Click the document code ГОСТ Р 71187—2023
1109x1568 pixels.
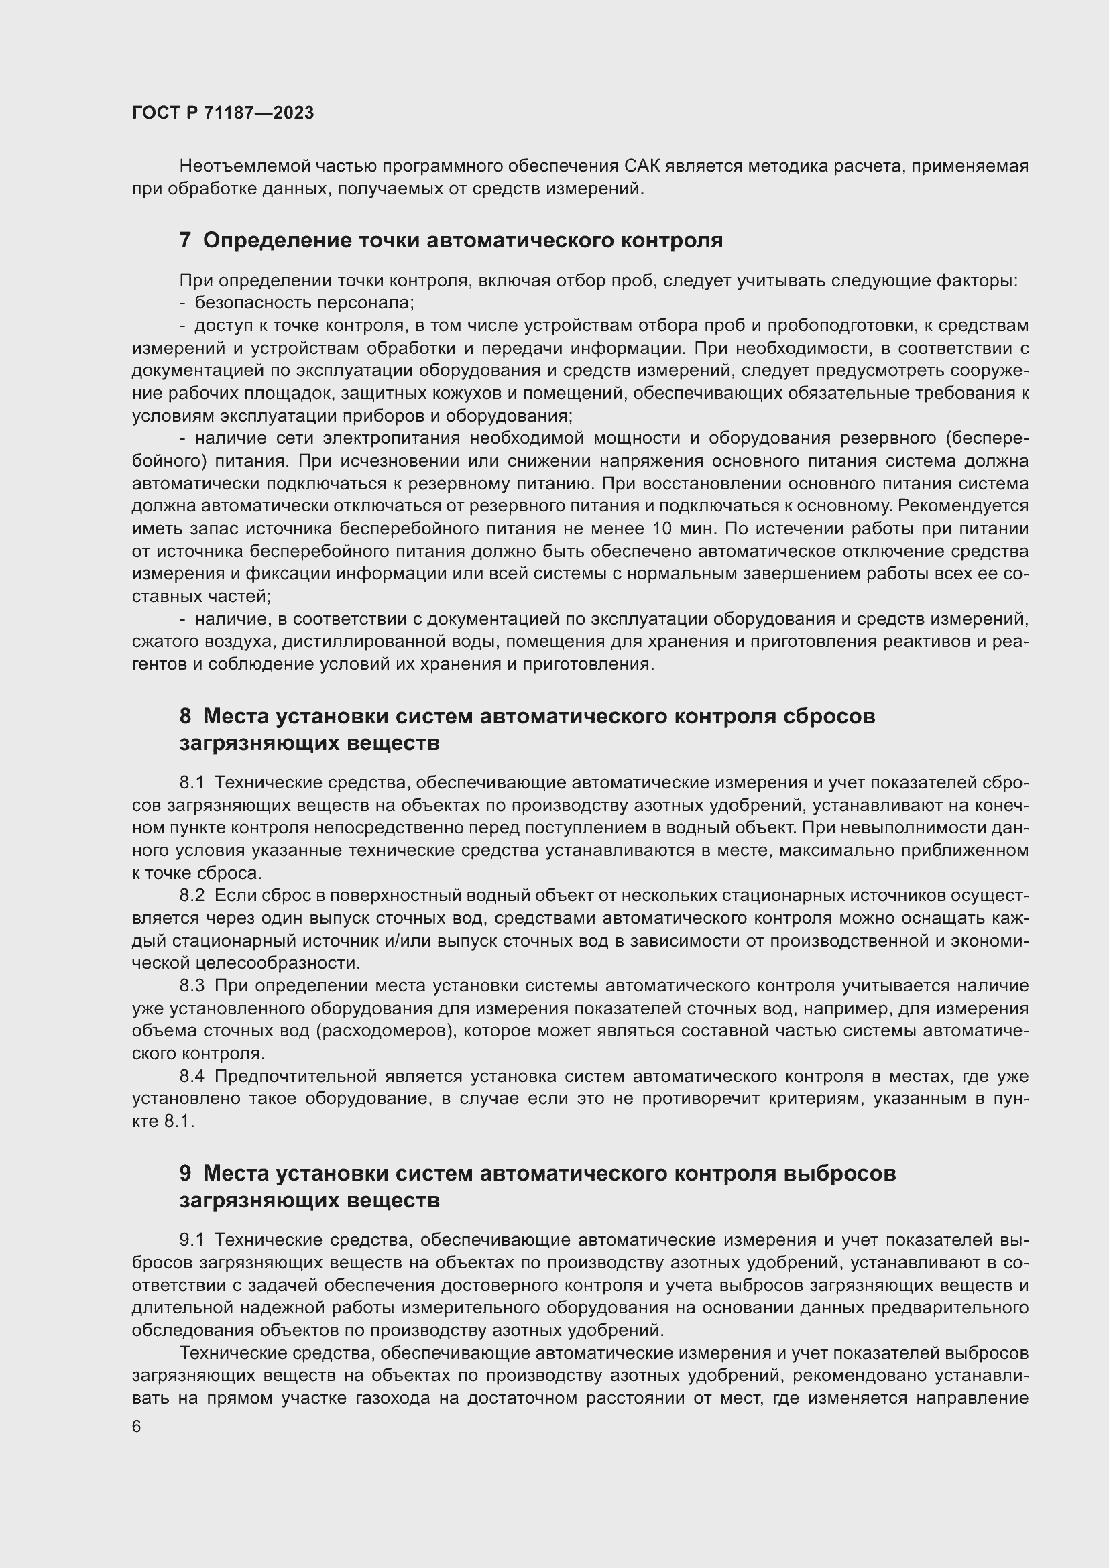[x=223, y=113]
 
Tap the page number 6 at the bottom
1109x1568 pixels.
[x=137, y=1427]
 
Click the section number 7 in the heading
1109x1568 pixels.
[x=185, y=241]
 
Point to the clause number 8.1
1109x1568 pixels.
[x=192, y=782]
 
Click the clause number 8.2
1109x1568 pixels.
[x=192, y=896]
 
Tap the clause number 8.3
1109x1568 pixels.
[x=192, y=986]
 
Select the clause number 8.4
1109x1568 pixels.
[x=192, y=1077]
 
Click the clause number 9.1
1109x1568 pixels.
[x=192, y=1240]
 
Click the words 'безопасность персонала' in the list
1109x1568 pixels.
[x=304, y=302]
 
